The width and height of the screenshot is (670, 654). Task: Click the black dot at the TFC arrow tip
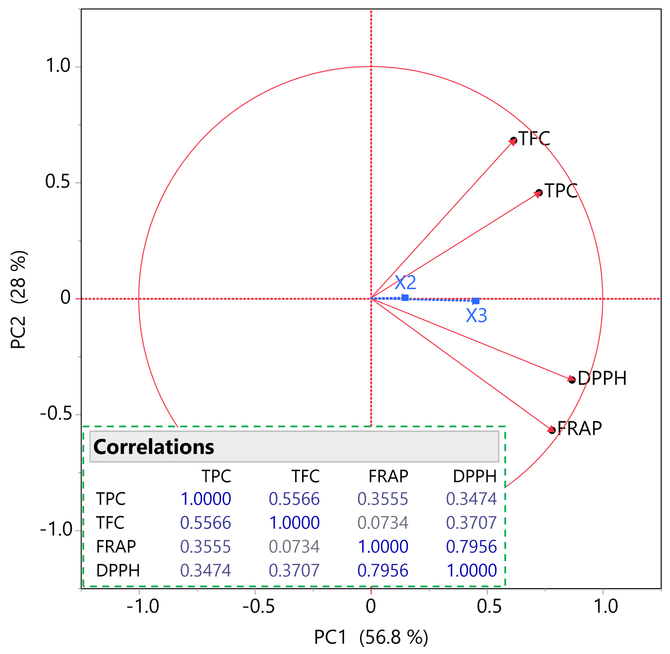tap(513, 141)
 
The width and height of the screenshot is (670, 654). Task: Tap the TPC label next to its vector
tap(561, 191)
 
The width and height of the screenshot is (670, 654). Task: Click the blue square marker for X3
tap(476, 301)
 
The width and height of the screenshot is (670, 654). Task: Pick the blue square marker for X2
tap(405, 298)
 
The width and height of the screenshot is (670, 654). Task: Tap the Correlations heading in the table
tap(154, 447)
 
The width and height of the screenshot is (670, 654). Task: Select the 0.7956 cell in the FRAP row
tap(471, 546)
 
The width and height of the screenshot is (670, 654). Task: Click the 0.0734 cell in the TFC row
tap(383, 522)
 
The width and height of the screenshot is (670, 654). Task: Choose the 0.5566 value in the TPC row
tap(294, 499)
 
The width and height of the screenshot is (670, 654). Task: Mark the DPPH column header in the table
tap(475, 476)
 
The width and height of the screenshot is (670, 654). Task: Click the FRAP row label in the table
tap(116, 546)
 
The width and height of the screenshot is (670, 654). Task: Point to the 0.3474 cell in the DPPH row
tap(205, 570)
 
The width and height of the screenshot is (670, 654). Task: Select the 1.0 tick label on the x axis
tap(606, 606)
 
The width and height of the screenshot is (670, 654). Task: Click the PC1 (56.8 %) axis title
tap(371, 637)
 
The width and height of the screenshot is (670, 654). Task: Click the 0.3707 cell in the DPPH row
tap(294, 570)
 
